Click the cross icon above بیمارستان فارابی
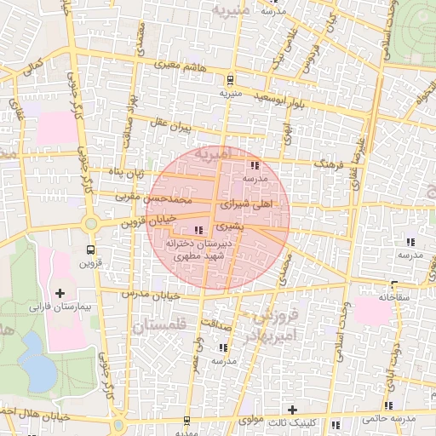click(x=60, y=293)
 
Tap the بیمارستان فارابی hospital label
click(x=60, y=305)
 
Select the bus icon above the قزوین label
click(x=90, y=250)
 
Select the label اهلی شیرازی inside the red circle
click(x=248, y=205)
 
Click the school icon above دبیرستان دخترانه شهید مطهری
click(x=199, y=230)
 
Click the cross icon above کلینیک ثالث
click(x=293, y=410)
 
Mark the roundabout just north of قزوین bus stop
click(x=91, y=224)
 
